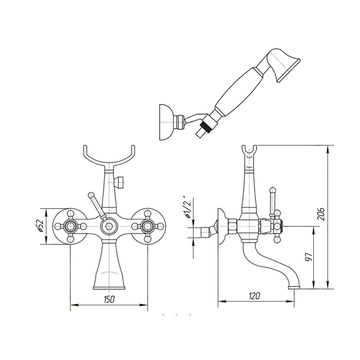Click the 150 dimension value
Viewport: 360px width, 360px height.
click(x=109, y=299)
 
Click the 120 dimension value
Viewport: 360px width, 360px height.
click(x=254, y=296)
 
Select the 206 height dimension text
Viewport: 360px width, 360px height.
click(x=321, y=214)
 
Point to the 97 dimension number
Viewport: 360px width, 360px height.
click(x=309, y=257)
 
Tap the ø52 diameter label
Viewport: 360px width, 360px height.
click(x=39, y=226)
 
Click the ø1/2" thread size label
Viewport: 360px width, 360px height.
click(x=187, y=207)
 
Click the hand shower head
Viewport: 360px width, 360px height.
click(x=284, y=65)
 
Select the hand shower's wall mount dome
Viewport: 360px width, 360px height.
click(x=166, y=122)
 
